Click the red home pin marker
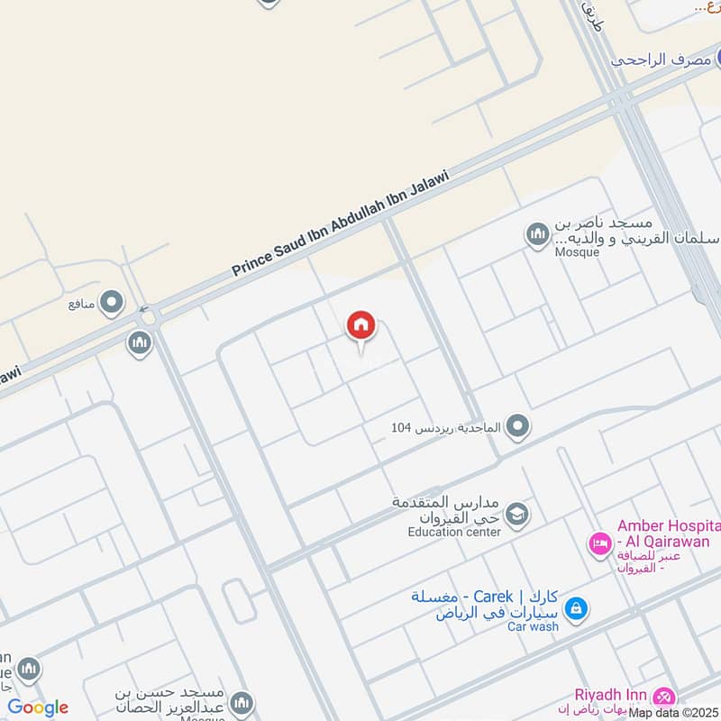click(x=361, y=326)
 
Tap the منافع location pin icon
click(x=112, y=303)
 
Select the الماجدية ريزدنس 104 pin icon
click(x=516, y=426)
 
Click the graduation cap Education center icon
click(x=516, y=515)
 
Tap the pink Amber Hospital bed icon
click(x=599, y=543)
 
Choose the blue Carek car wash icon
click(x=576, y=609)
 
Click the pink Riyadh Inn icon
click(x=664, y=696)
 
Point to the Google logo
click(x=38, y=707)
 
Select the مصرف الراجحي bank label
click(x=663, y=59)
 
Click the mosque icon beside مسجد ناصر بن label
click(x=538, y=235)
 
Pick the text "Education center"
click(x=454, y=532)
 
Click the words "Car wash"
click(x=533, y=626)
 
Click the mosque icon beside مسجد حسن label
click(x=241, y=702)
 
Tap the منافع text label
click(x=81, y=304)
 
